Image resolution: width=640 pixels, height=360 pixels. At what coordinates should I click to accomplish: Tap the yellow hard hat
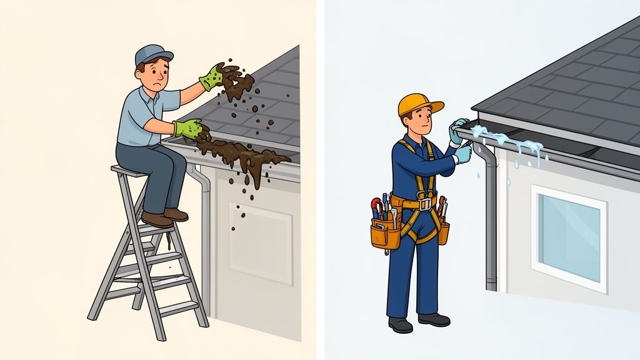(x=418, y=104)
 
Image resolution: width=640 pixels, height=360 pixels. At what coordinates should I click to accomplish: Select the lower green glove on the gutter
(x=190, y=129)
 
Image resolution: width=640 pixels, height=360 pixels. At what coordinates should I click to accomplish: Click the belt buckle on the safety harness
(x=426, y=204)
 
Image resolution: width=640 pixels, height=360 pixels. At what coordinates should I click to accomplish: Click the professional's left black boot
(x=400, y=325)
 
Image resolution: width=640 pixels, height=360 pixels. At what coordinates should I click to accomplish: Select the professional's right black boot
(x=434, y=319)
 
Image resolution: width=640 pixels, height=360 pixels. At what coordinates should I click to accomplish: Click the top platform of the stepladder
(x=129, y=171)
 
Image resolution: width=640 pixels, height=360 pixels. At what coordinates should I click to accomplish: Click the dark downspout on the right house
(x=491, y=219)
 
